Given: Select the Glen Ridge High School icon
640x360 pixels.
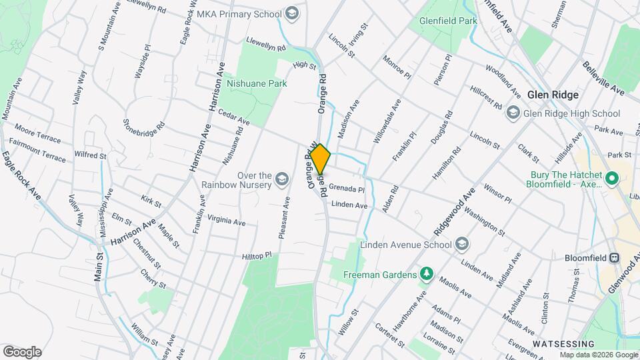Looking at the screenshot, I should click(x=513, y=113).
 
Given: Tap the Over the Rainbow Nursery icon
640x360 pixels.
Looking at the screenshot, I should click(x=282, y=179).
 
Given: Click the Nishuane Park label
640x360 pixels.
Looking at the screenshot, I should click(x=257, y=84).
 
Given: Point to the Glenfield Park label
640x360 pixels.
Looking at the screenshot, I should click(x=448, y=21).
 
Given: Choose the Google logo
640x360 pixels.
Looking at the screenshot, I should click(x=22, y=351).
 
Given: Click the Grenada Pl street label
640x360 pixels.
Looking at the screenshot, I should click(x=346, y=189).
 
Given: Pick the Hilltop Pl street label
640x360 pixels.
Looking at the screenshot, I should click(x=257, y=255).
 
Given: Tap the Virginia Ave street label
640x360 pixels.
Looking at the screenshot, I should click(x=227, y=220).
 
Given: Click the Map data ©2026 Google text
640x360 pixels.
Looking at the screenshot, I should click(x=597, y=355).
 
